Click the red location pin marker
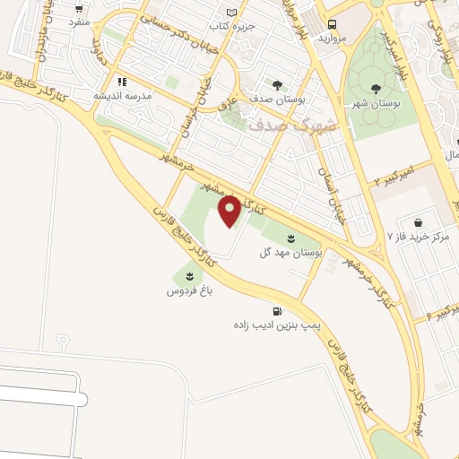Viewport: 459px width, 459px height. pyautogui.click(x=229, y=211)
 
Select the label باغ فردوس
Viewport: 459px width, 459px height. pyautogui.click(x=189, y=292)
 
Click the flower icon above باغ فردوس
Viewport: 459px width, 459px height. pyautogui.click(x=189, y=275)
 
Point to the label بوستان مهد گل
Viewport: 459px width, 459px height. pyautogui.click(x=292, y=254)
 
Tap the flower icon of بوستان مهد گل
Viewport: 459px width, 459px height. pyautogui.click(x=292, y=237)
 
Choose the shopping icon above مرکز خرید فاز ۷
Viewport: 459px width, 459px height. pyautogui.click(x=418, y=222)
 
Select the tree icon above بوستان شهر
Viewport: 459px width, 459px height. pyautogui.click(x=374, y=88)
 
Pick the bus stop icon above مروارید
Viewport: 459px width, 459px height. pyautogui.click(x=332, y=25)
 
